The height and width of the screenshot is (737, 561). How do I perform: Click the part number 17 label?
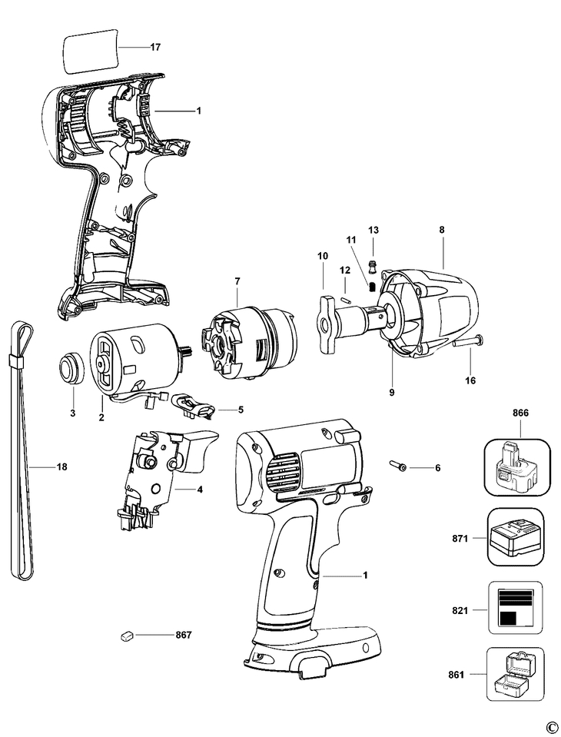155,47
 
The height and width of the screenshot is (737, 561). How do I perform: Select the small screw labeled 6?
398,466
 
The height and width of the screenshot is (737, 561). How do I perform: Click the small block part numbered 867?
127,635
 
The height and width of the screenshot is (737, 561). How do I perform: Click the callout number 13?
373,230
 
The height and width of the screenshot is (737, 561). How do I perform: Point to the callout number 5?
241,410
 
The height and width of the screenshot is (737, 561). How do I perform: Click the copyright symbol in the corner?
552,727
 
